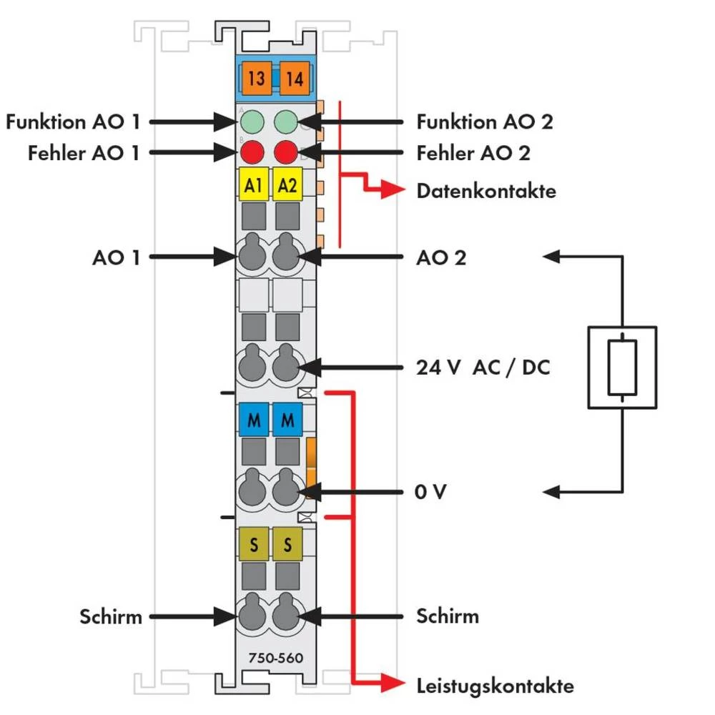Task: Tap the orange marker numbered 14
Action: pos(293,79)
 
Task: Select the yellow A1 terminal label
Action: pos(252,186)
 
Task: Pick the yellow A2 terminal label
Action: pos(287,186)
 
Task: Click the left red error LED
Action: pos(252,152)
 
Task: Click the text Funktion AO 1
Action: pos(72,122)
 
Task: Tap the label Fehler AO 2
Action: pos(473,153)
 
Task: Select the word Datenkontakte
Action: pos(486,191)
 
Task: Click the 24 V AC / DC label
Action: pos(483,369)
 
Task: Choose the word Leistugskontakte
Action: pos(495,686)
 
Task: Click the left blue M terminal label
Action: pos(253,421)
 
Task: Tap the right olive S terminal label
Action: pos(287,546)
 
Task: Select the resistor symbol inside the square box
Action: pos(622,368)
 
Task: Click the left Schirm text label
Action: pos(111,616)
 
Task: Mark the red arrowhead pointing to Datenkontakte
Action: pos(393,190)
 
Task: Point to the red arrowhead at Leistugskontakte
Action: pos(392,685)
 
